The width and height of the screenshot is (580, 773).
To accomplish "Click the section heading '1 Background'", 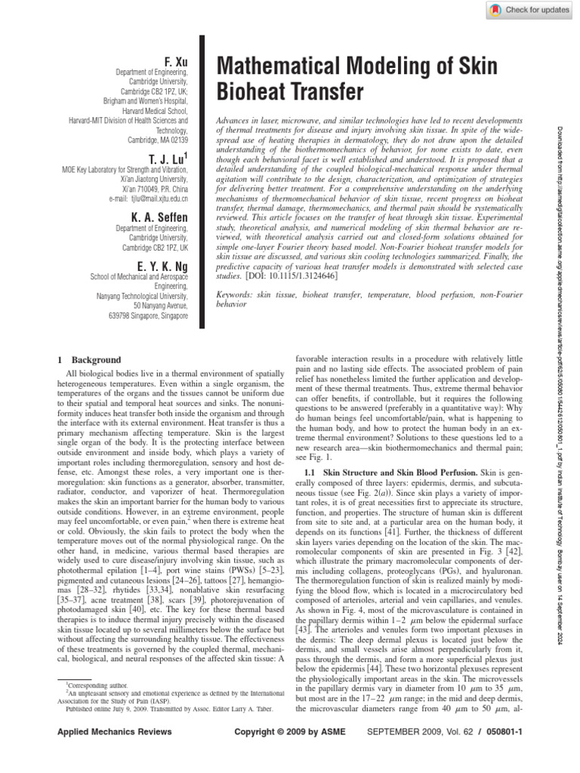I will [x=88, y=360].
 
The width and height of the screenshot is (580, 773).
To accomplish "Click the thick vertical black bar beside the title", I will [x=202, y=181].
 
